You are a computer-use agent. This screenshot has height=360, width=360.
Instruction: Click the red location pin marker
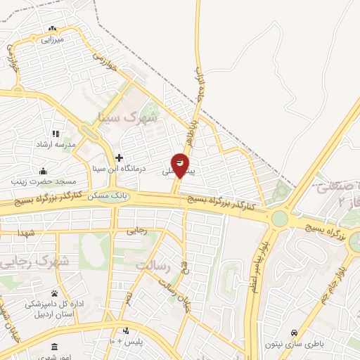click(181, 165)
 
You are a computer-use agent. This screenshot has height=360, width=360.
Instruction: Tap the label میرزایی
click(53, 39)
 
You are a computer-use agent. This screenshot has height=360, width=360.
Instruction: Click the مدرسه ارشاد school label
click(56, 143)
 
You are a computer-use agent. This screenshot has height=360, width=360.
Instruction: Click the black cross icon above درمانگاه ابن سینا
click(120, 157)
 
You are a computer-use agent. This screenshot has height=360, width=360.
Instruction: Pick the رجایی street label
click(136, 229)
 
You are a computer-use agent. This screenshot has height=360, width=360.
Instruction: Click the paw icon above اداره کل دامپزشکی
click(54, 293)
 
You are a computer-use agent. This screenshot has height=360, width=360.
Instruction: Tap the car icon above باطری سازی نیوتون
click(294, 333)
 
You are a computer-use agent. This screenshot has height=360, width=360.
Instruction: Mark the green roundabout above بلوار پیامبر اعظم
click(280, 219)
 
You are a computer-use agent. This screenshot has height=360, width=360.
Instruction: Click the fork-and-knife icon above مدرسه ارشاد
click(56, 133)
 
